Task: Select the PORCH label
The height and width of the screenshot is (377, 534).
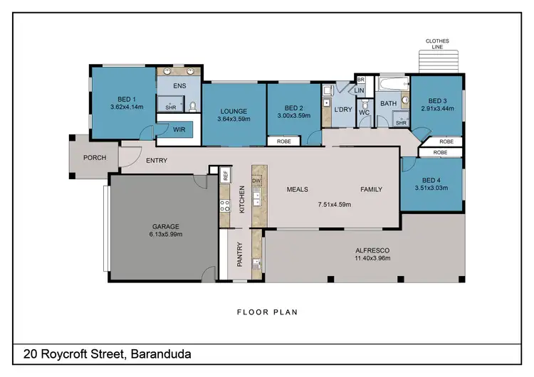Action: click(95, 158)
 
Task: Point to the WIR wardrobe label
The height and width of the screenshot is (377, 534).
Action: click(180, 129)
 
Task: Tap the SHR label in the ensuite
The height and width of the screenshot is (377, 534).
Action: click(171, 107)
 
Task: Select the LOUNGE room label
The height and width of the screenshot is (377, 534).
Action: click(233, 111)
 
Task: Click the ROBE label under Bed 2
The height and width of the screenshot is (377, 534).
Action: click(283, 142)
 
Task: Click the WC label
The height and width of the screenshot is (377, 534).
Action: click(364, 112)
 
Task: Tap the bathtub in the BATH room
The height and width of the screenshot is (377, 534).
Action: click(390, 87)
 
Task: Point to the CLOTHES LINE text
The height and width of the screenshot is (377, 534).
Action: click(437, 44)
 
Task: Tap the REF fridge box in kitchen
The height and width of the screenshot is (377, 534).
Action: click(225, 174)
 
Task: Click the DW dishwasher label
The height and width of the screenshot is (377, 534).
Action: click(256, 181)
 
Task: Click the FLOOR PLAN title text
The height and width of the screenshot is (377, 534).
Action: click(266, 312)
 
